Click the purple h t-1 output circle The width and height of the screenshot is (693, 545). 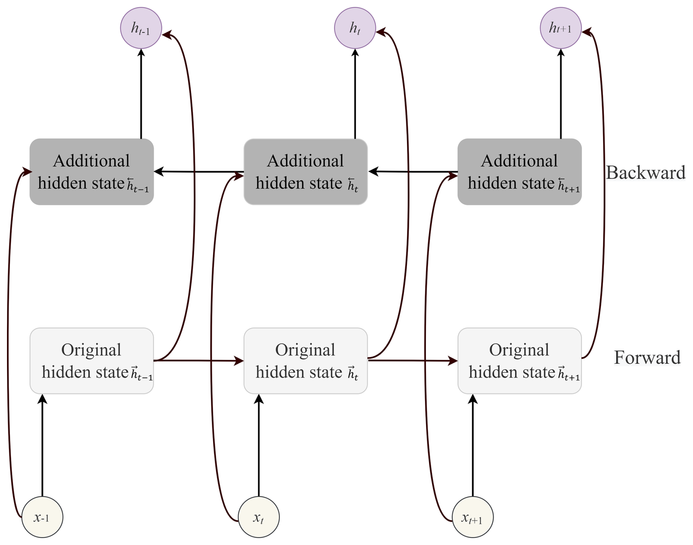(x=141, y=28)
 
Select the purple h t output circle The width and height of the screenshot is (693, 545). (x=355, y=28)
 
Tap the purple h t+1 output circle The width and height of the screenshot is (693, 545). (x=560, y=28)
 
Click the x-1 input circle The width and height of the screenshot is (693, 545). (x=42, y=517)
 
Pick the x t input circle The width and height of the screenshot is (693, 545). (x=259, y=517)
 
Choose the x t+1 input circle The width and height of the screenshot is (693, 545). (x=472, y=517)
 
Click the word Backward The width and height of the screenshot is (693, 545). (x=645, y=173)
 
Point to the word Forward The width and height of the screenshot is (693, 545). (x=647, y=358)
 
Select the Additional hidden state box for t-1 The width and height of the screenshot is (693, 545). (x=92, y=172)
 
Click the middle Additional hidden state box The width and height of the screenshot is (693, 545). (x=305, y=172)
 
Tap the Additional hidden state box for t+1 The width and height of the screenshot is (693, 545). (x=519, y=172)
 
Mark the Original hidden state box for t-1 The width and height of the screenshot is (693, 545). (x=92, y=361)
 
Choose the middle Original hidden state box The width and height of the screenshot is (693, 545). (x=305, y=361)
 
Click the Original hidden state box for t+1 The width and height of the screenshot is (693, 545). (x=519, y=361)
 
